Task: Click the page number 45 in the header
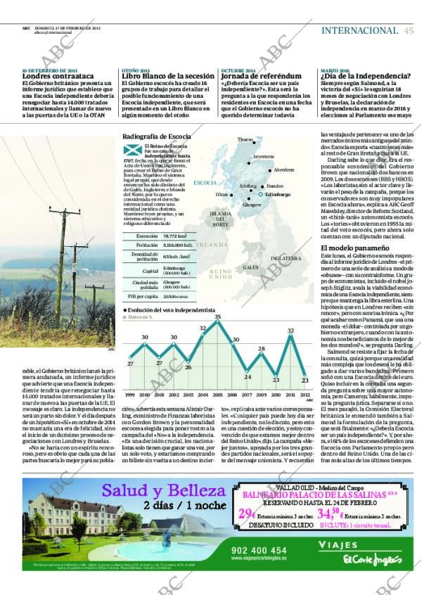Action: point(409,30)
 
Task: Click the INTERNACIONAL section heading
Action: point(359,30)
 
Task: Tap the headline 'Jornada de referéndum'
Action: point(256,77)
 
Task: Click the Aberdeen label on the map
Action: point(283,169)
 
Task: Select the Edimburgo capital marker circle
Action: point(261,194)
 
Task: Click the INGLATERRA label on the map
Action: point(286,258)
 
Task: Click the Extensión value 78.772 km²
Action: point(174,236)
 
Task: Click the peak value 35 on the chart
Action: point(217,318)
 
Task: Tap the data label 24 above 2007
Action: point(247,377)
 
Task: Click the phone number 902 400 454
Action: point(258,550)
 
